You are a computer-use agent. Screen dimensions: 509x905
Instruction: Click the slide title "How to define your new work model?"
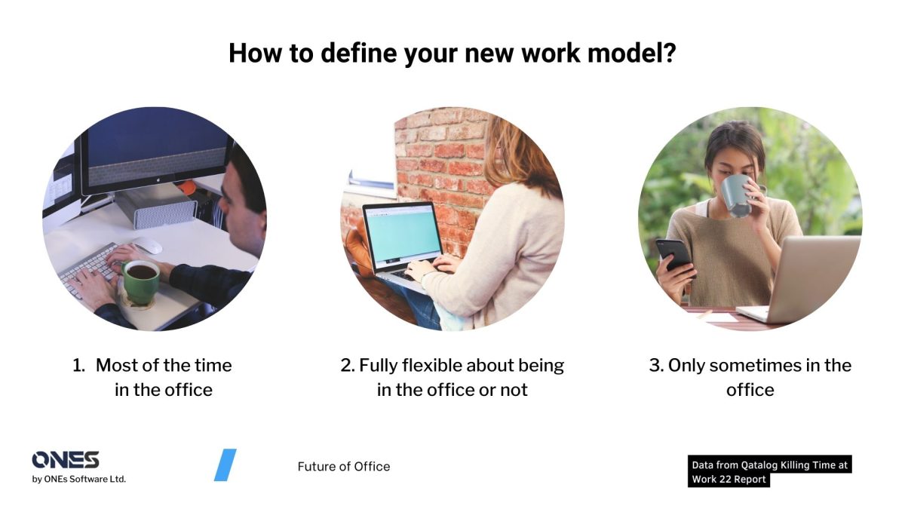point(452,54)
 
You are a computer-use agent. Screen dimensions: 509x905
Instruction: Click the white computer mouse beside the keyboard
point(148,246)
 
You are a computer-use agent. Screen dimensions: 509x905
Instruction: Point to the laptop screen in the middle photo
point(403,233)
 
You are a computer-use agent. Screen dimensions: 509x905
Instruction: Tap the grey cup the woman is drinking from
point(735,195)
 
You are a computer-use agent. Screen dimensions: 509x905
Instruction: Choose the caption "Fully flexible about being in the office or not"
point(452,377)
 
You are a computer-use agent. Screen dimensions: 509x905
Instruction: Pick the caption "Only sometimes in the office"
point(750,377)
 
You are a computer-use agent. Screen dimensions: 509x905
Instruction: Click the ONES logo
point(66,460)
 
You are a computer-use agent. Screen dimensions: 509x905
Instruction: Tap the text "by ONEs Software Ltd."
point(79,479)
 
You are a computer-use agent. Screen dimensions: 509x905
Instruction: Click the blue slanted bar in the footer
point(225,465)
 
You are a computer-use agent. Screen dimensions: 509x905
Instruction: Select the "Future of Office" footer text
point(344,466)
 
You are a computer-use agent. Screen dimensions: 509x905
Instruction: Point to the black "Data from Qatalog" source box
point(769,471)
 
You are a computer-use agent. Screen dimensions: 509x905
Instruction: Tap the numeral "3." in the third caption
point(656,366)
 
